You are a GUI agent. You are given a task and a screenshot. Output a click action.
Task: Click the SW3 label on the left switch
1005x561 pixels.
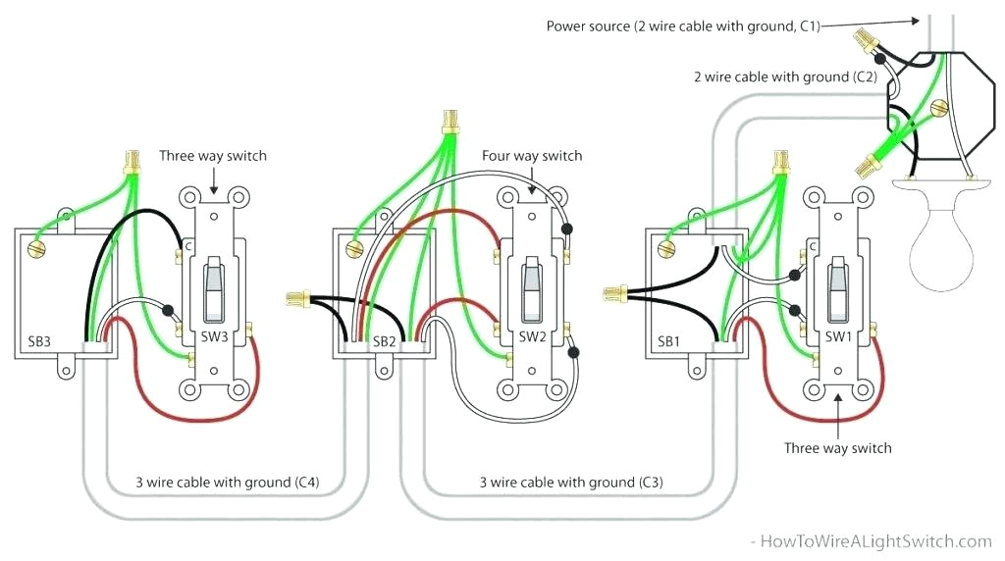[215, 336]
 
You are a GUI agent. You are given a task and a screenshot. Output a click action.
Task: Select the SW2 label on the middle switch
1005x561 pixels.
[532, 336]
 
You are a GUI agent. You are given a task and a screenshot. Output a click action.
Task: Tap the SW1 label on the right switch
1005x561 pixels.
[837, 336]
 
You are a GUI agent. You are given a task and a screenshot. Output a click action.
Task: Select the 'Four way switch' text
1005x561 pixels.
[531, 156]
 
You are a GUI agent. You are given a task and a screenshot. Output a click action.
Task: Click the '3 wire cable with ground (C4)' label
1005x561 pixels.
[227, 483]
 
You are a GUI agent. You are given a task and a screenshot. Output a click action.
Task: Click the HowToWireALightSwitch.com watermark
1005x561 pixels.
[872, 541]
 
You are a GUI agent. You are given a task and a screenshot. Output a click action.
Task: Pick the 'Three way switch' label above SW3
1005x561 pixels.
[212, 156]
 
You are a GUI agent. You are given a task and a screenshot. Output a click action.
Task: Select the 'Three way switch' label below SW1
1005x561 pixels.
[837, 448]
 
